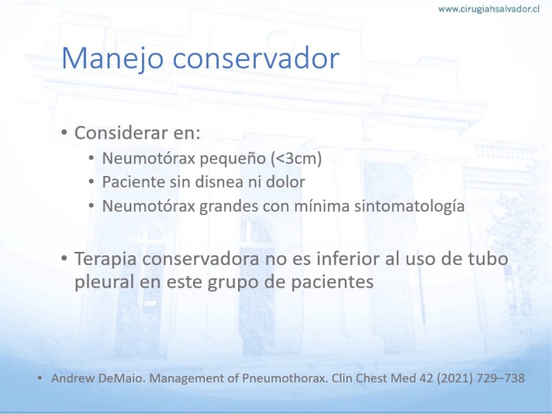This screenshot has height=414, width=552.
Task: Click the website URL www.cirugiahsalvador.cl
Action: tap(489, 9)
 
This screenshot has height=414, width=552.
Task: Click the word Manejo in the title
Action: tap(112, 59)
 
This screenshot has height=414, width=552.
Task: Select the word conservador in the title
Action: tap(256, 58)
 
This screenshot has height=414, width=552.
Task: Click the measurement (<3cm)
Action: tap(297, 159)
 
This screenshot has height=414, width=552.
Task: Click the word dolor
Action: tap(285, 182)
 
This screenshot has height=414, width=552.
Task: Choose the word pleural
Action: tap(104, 282)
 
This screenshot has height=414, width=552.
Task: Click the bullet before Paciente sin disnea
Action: tap(91, 182)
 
